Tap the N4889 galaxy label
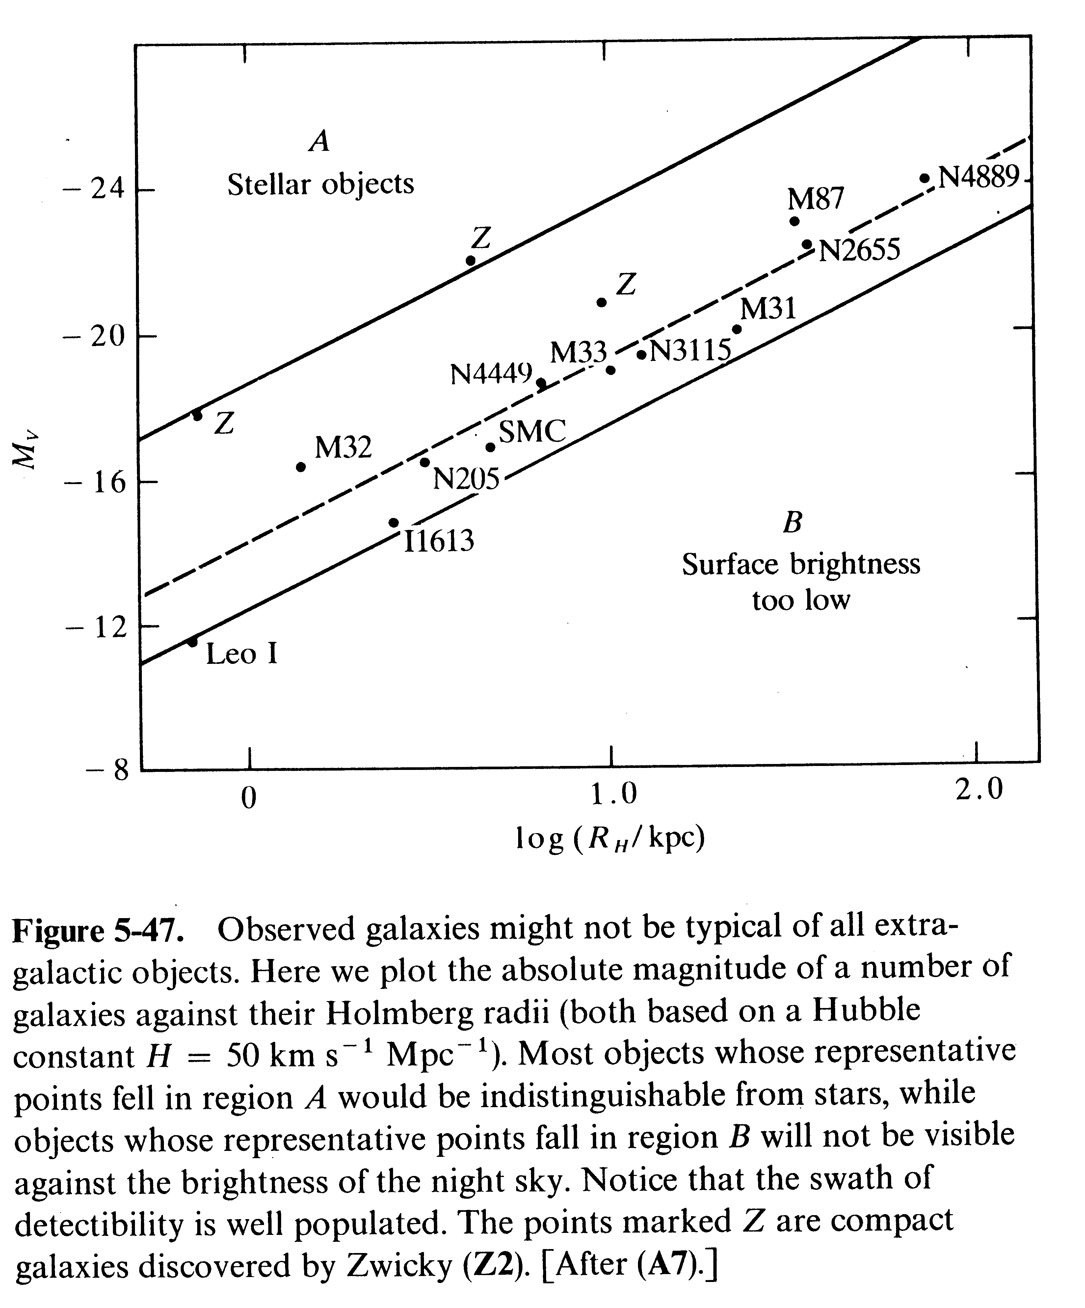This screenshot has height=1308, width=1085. pyautogui.click(x=979, y=177)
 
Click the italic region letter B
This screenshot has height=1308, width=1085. pyautogui.click(x=792, y=522)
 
